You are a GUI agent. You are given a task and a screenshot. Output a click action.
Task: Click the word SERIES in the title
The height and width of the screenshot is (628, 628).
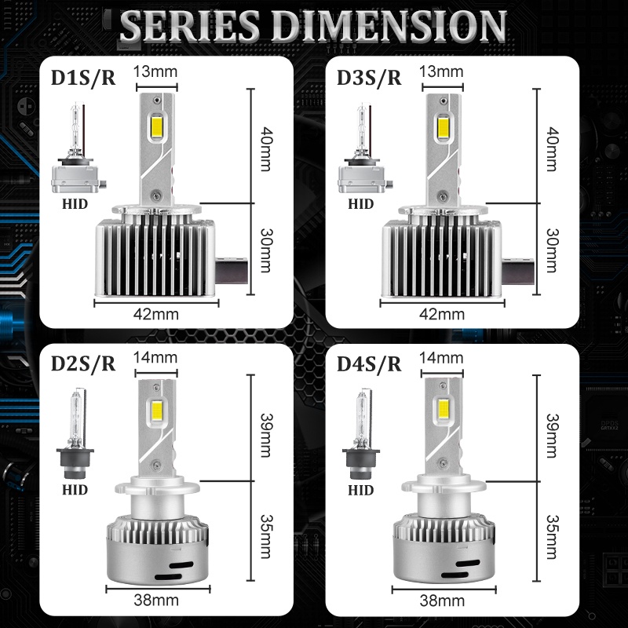190,25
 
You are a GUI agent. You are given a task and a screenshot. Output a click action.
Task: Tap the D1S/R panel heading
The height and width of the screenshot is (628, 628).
83,78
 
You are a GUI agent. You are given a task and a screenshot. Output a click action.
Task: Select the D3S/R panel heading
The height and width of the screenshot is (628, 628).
369,78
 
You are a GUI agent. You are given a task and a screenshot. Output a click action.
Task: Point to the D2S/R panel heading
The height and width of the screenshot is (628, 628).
83,363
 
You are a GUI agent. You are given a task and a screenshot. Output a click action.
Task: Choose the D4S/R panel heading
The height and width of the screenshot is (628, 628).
369,363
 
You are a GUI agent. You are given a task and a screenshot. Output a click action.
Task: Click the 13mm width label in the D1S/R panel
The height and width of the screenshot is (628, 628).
155,71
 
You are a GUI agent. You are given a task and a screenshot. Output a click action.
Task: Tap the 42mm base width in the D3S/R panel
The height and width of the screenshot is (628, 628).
442,315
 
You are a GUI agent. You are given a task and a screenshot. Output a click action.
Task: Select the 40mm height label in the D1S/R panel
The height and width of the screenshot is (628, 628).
266,149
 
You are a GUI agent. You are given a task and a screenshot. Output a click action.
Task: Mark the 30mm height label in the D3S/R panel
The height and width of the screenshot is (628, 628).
552,250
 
